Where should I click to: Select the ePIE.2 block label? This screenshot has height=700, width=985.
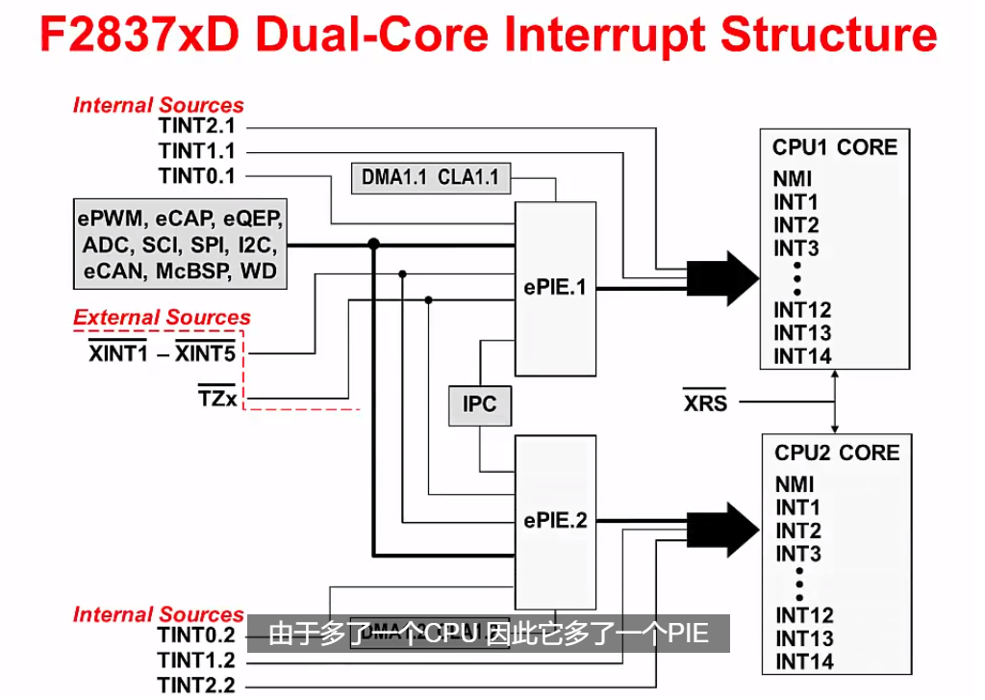point(555,520)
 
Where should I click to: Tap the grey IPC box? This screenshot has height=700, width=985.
point(479,404)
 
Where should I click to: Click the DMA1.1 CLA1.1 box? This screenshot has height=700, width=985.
point(430,176)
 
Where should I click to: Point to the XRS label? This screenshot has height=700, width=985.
point(705,402)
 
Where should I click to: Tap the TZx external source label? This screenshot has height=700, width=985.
point(216,396)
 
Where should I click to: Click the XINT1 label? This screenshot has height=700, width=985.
point(117,353)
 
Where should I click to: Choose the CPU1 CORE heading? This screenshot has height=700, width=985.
point(834,147)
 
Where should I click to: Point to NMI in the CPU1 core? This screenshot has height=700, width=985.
point(792,179)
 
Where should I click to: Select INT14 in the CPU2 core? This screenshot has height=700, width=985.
point(804,661)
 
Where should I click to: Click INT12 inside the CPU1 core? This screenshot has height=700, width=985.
point(802,310)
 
